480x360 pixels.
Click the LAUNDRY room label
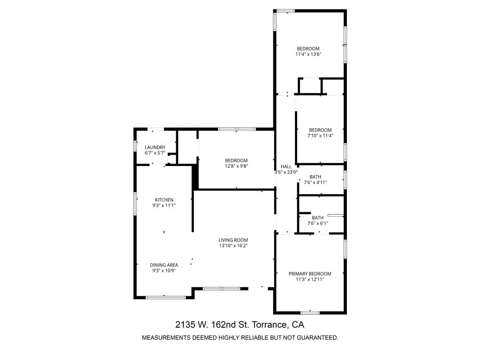[x=155, y=147]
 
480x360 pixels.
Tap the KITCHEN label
[x=164, y=200]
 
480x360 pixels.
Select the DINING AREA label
[x=164, y=265]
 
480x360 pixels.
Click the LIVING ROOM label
[x=233, y=240]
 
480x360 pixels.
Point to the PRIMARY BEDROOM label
[x=310, y=274]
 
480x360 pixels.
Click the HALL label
[x=286, y=166]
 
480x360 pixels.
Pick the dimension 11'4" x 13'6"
[x=308, y=54]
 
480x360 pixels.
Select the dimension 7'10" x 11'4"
[x=320, y=135]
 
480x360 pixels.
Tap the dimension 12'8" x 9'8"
[x=236, y=166]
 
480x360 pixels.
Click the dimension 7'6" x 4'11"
[x=315, y=182]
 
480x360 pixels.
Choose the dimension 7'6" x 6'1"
[x=317, y=223]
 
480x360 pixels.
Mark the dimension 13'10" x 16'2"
[x=233, y=246]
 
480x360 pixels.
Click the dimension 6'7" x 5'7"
[x=155, y=153]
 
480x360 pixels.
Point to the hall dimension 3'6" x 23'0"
[x=286, y=172]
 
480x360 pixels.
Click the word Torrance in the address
[x=272, y=324]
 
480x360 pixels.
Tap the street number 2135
[x=186, y=324]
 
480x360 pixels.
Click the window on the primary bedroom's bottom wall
[x=310, y=312]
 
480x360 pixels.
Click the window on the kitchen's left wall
[x=135, y=202]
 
